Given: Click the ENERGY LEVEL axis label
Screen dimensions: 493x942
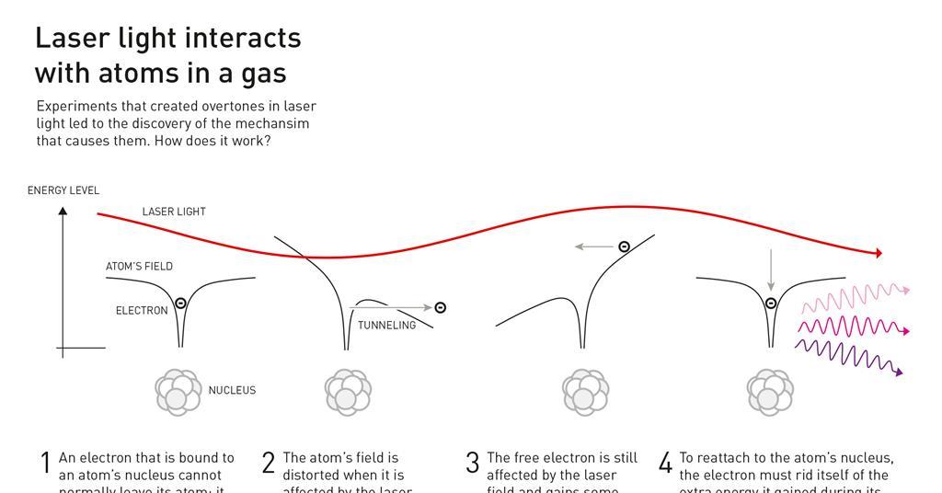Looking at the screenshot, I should (x=63, y=190).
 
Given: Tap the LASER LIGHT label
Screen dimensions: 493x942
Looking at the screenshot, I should (x=174, y=212).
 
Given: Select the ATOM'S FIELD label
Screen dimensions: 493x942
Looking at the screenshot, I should (x=139, y=267).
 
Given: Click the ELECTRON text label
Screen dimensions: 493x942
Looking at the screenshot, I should (x=142, y=311).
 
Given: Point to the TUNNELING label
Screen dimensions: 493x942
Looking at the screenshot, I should (x=386, y=326).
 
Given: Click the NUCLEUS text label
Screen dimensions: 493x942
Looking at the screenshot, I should (x=232, y=390).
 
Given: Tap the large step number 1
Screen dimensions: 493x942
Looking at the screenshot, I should (x=45, y=464).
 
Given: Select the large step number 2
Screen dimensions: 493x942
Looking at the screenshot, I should (x=268, y=464).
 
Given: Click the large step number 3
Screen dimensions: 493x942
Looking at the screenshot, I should (x=473, y=464).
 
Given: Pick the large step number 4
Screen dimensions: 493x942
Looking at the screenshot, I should (x=666, y=464).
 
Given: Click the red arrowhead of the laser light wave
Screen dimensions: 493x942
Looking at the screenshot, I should (x=879, y=253).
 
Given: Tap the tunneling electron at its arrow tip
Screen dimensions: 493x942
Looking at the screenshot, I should (x=440, y=307).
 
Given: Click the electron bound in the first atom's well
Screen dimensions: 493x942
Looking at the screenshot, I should (x=180, y=303).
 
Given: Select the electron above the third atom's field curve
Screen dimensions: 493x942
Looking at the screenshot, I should (x=624, y=246).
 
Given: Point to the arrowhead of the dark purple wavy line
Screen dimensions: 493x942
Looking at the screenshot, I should (x=899, y=373).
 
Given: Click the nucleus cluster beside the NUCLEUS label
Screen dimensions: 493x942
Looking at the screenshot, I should (x=178, y=392).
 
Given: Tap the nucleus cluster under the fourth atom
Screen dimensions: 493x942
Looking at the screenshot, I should (x=770, y=392).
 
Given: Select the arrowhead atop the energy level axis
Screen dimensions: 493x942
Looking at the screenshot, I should (x=63, y=211).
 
